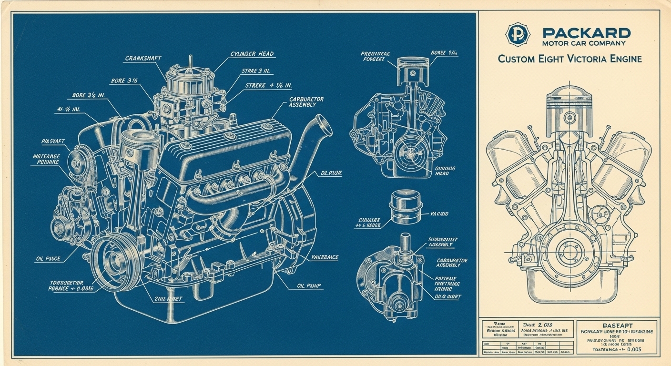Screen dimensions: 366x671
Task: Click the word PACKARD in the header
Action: pyautogui.click(x=586, y=33)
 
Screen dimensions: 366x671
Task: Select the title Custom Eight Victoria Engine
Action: pyautogui.click(x=569, y=59)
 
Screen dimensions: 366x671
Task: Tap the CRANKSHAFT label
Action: pyautogui.click(x=143, y=58)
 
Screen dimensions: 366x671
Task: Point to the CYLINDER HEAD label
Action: pyautogui.click(x=252, y=54)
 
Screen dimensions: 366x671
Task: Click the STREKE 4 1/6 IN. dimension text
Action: pyautogui.click(x=268, y=86)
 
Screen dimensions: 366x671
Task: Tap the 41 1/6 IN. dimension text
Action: pyautogui.click(x=68, y=109)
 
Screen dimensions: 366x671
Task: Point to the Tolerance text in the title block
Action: pyautogui.click(x=617, y=349)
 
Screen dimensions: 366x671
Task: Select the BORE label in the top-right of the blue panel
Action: pyautogui.click(x=444, y=53)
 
